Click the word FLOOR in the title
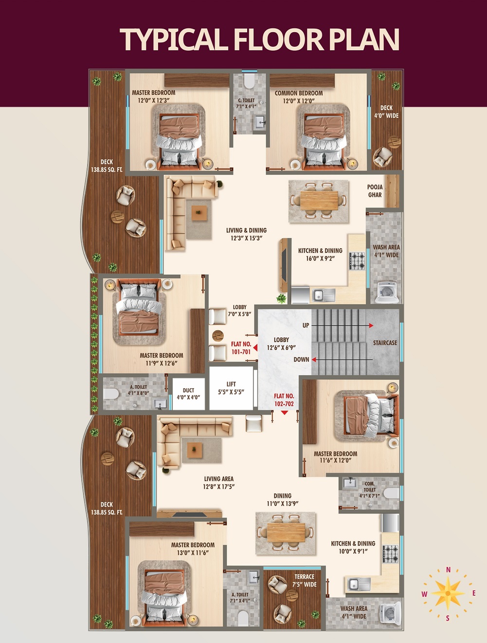tap(279, 39)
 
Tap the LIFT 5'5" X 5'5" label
tap(231, 388)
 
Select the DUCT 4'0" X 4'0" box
tap(188, 394)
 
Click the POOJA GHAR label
tap(375, 190)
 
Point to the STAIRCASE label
tap(385, 343)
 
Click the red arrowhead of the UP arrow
tap(371, 325)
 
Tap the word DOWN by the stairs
tap(301, 359)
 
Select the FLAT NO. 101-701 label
tap(241, 348)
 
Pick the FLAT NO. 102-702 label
tap(284, 400)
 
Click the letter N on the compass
tap(448, 570)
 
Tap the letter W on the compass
tap(424, 594)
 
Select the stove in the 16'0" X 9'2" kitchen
tap(357, 261)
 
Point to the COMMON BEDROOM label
tap(299, 93)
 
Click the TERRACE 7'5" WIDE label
tap(304, 580)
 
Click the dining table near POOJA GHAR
tap(319, 201)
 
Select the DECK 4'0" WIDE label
tap(386, 112)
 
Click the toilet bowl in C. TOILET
tap(249, 80)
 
